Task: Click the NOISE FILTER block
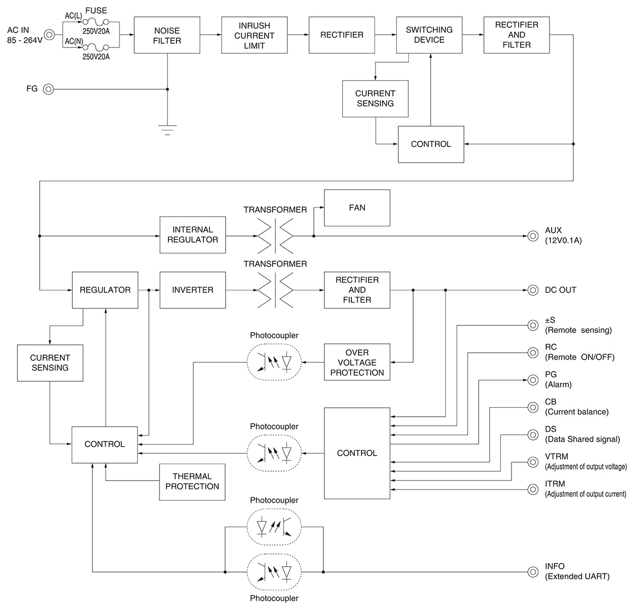point(167,35)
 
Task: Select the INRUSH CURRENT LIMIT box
point(254,35)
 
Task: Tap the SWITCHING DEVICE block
point(429,35)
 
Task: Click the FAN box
point(357,208)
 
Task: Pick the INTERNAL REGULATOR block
point(193,235)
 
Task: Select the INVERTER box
point(193,290)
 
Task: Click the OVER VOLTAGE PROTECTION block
point(357,362)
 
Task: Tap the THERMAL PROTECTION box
point(192,482)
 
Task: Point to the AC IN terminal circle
point(49,35)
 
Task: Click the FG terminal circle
point(49,89)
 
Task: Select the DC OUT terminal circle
point(533,290)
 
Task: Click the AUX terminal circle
point(533,236)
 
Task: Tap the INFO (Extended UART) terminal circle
point(533,571)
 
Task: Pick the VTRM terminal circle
point(533,462)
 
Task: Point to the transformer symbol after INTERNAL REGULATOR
point(275,235)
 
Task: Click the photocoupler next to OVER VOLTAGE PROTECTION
point(274,362)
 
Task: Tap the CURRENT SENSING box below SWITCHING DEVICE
point(375,99)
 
